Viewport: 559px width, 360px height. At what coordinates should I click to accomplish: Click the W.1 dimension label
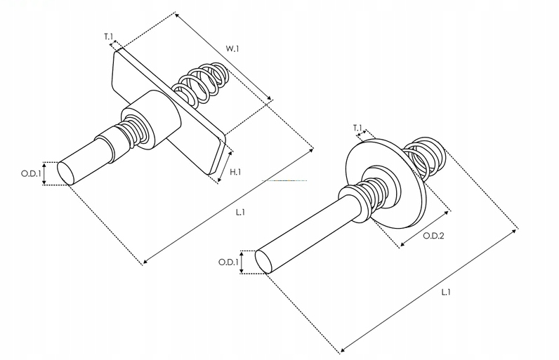[x=232, y=49]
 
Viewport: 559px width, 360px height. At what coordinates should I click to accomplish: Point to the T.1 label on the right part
[x=358, y=128]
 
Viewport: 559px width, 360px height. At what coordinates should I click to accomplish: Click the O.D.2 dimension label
[x=433, y=236]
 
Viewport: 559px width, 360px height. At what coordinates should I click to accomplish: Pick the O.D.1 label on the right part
[x=227, y=262]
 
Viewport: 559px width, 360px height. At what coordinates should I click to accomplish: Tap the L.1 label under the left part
[x=240, y=211]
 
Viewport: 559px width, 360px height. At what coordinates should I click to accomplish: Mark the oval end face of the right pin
[x=263, y=261]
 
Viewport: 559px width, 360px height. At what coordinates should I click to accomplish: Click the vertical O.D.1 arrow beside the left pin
[x=45, y=173]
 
